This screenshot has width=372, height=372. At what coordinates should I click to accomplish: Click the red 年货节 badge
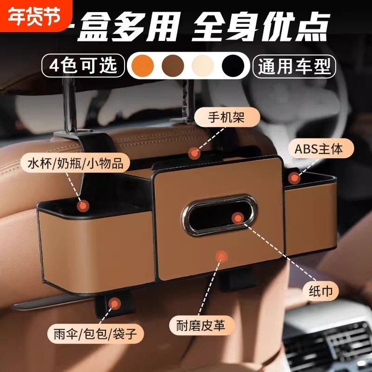point(32,15)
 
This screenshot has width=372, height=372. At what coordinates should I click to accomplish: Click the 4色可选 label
point(84,66)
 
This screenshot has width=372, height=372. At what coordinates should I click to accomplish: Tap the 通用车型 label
point(294,66)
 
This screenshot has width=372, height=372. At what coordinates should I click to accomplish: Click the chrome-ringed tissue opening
point(219,216)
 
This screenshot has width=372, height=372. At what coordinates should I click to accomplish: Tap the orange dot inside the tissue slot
point(238,217)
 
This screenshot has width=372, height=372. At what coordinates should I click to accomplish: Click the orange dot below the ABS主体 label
point(294,178)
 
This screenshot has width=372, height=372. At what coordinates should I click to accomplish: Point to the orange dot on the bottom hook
point(114,305)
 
